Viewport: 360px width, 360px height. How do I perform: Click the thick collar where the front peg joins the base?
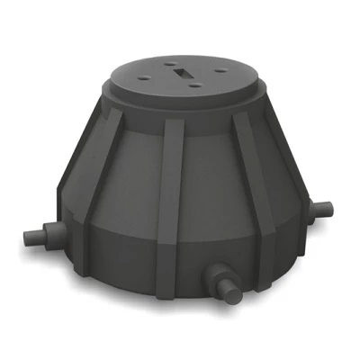coord(210,274)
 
